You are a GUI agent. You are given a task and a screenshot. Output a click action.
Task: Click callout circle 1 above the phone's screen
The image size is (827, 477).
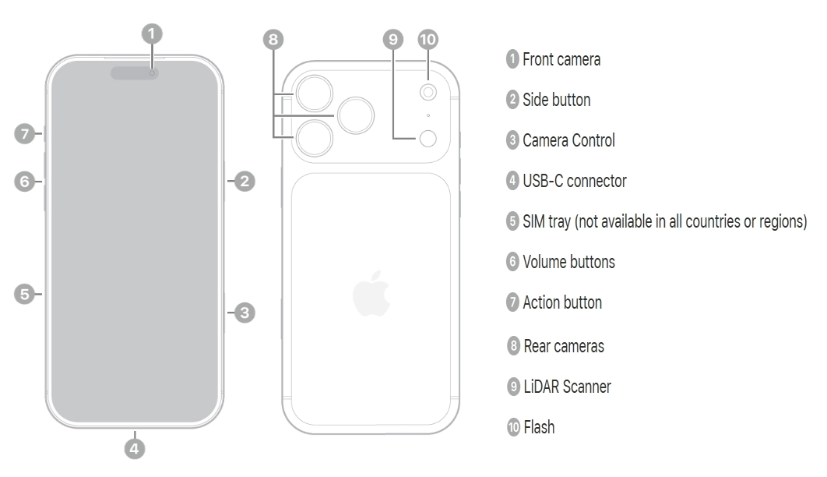coord(153,33)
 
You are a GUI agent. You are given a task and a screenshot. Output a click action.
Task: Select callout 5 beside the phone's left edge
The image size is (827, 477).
coord(25,294)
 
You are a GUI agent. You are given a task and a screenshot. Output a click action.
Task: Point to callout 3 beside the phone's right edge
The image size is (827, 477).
coord(245,313)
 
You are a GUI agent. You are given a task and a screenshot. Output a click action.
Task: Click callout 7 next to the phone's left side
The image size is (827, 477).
coord(25,134)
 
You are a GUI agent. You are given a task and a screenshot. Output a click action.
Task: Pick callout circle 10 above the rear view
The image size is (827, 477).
coord(428,39)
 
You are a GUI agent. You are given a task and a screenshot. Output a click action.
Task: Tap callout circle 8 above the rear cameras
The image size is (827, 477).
coord(273,39)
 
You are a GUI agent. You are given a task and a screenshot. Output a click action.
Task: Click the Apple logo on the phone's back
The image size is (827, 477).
coord(371,294)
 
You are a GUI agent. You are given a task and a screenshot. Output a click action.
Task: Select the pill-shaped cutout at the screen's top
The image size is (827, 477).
coord(135,73)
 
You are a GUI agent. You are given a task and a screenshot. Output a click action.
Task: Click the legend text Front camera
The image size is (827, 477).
coord(561,59)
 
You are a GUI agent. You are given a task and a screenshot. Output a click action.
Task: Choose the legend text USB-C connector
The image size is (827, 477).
coord(574,181)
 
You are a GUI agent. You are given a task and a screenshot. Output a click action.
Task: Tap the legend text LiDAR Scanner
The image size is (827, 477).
coord(567,386)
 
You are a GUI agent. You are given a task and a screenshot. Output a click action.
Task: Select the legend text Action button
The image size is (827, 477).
coord(561,302)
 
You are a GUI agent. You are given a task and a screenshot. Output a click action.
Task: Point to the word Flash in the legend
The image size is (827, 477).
coord(539,427)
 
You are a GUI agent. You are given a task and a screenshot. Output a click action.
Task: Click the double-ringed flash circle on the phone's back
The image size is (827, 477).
coord(428,93)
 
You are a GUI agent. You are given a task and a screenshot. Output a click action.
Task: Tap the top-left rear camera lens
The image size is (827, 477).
coord(314,93)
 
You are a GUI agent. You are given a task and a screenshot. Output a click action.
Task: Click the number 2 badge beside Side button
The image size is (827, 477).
coord(512,100)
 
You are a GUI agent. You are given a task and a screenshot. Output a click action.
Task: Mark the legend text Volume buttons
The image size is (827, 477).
coord(568,262)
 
